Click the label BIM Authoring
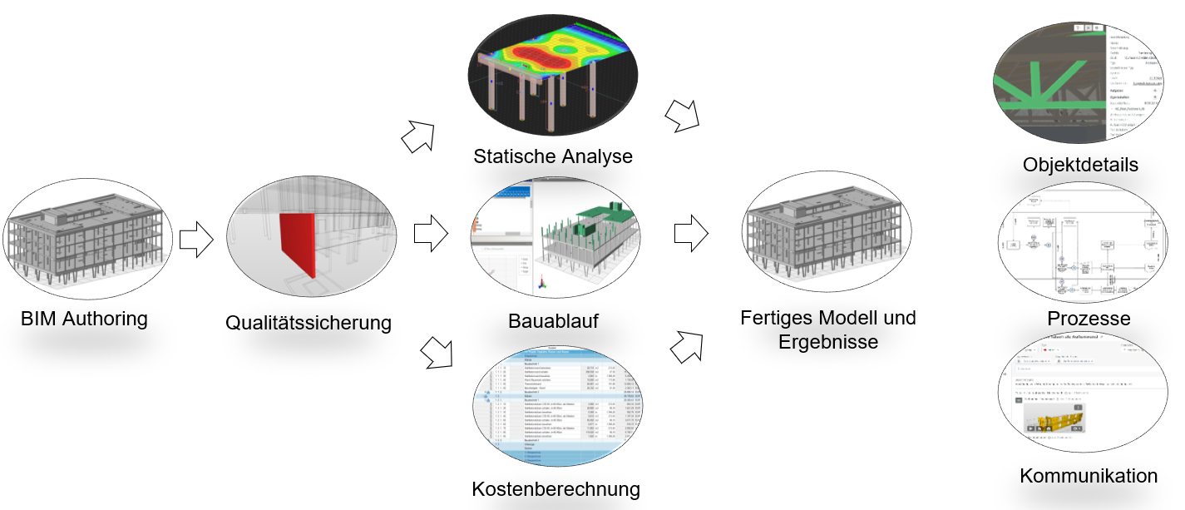84,318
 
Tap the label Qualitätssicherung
309,322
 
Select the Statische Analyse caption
553,156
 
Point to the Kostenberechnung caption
555,488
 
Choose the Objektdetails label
1080,165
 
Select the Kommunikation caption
1088,476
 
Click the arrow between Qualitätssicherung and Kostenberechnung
437,352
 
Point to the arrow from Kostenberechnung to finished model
686,343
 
